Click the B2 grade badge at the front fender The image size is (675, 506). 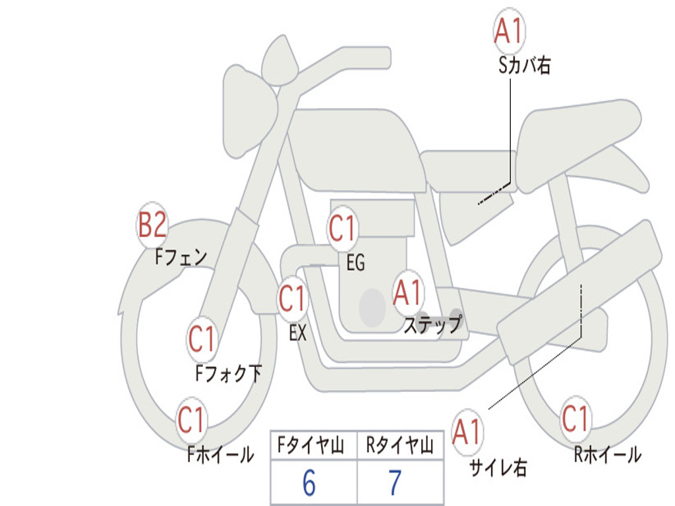[x=152, y=225]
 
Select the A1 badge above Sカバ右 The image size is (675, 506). [x=510, y=31]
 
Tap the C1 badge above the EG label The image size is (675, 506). [x=343, y=228]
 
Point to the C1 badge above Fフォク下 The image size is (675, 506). [x=202, y=339]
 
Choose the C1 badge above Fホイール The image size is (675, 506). [x=191, y=420]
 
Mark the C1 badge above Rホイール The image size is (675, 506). [x=575, y=418]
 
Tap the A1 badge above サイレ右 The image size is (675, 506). [x=467, y=432]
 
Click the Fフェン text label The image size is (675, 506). [x=181, y=258]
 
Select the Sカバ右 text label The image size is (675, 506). [x=524, y=66]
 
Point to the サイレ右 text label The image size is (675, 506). [x=498, y=467]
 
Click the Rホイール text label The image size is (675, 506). [x=607, y=455]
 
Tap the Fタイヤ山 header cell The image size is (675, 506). [x=314, y=445]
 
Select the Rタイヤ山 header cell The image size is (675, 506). [x=400, y=445]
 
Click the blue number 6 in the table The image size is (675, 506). [x=309, y=482]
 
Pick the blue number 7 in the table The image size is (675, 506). [x=396, y=482]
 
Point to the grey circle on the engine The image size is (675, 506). [x=372, y=308]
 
